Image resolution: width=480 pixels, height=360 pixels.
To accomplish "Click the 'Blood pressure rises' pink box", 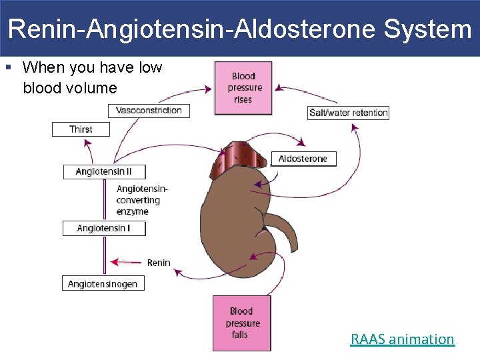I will pos(243,88).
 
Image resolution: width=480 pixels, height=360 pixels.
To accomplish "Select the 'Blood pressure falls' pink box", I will pos(241,323).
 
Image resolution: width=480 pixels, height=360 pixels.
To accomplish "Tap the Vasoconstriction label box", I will pos(149,111).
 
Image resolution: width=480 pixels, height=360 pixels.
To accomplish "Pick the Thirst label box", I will pos(81,129).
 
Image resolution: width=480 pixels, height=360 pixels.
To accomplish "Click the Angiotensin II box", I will pos(104,172).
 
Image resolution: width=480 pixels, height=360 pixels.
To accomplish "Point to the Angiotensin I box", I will pos(103,229).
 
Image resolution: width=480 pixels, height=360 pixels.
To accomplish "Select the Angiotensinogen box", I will pos(103,284).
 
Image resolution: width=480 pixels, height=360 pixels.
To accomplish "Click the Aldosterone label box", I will pos(303,159).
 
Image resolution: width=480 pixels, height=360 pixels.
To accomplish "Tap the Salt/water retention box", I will pos(348,113).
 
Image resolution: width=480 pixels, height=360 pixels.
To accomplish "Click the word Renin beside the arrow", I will pos(159,263).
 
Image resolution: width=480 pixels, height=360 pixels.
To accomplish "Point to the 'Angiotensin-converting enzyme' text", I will pos(141,200).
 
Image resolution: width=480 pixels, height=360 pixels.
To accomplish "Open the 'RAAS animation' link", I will pos(402,339).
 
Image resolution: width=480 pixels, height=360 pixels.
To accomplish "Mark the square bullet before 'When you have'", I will pos(8,68).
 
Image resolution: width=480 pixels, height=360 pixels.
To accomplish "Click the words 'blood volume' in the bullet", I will pos(69,88).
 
